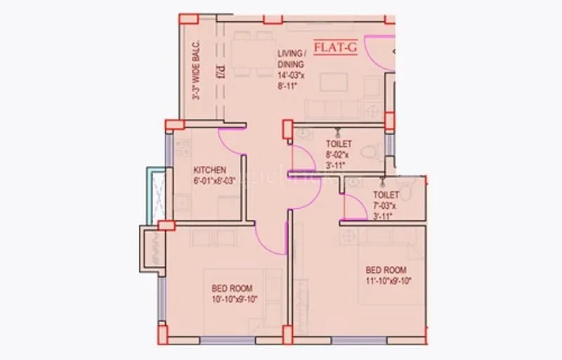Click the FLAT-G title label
click(335, 49)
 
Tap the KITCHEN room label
click(209, 169)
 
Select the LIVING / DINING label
click(292, 58)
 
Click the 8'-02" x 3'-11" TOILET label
click(339, 144)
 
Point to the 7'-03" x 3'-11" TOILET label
click(386, 195)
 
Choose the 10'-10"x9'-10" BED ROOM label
click(232, 288)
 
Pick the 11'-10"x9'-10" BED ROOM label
click(385, 271)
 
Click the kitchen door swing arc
click(232, 144)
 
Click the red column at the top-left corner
click(188, 18)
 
